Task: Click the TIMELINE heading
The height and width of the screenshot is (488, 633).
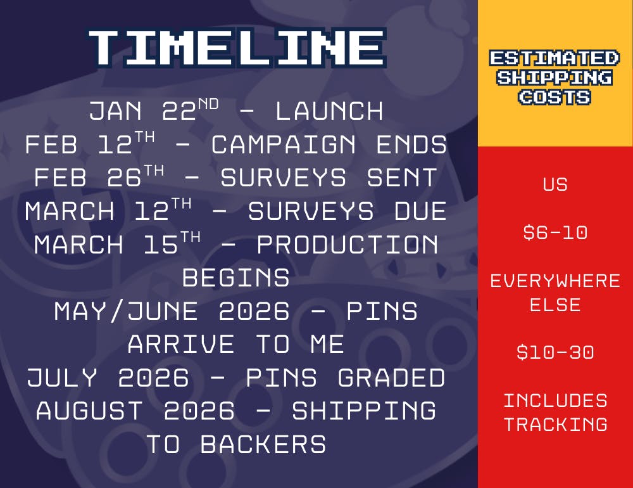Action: coord(237,48)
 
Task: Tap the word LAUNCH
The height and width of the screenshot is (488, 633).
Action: coord(329,111)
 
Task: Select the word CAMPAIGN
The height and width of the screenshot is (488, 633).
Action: coord(284,144)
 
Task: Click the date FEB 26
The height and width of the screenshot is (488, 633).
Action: coord(99,176)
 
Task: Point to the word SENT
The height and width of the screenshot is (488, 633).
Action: coord(402,178)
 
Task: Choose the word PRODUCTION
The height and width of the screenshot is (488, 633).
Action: coord(347,245)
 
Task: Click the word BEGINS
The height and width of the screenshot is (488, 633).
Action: coord(235,278)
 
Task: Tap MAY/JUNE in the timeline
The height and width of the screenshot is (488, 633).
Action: coord(126,311)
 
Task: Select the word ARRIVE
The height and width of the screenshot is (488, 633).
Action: coord(181,345)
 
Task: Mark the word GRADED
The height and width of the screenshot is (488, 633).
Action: coord(391,378)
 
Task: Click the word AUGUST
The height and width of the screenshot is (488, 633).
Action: coord(89,411)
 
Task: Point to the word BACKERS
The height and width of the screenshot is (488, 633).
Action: coord(263,444)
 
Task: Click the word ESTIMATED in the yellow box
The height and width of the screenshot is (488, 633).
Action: coord(555,58)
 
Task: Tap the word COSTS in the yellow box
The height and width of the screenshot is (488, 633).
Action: coord(555,98)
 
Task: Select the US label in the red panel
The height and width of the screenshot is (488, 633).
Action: coord(555,185)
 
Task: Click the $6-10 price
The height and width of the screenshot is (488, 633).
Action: coord(555,233)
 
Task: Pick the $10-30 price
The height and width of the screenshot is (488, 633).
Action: coord(555,352)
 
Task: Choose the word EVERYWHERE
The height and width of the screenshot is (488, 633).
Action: coord(555,281)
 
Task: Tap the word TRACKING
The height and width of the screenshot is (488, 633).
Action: coord(556,424)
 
